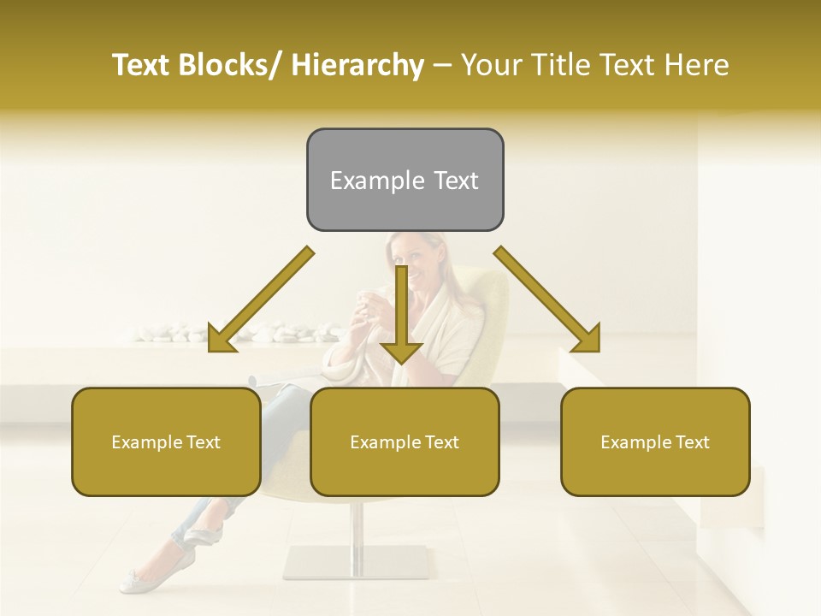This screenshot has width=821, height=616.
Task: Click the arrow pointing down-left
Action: point(257,301)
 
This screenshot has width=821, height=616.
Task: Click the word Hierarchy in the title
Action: point(357,65)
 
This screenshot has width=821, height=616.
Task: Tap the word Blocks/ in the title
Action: point(228,65)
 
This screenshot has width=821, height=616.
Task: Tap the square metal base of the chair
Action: point(356,562)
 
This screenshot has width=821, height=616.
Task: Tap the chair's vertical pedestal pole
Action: point(357,522)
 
